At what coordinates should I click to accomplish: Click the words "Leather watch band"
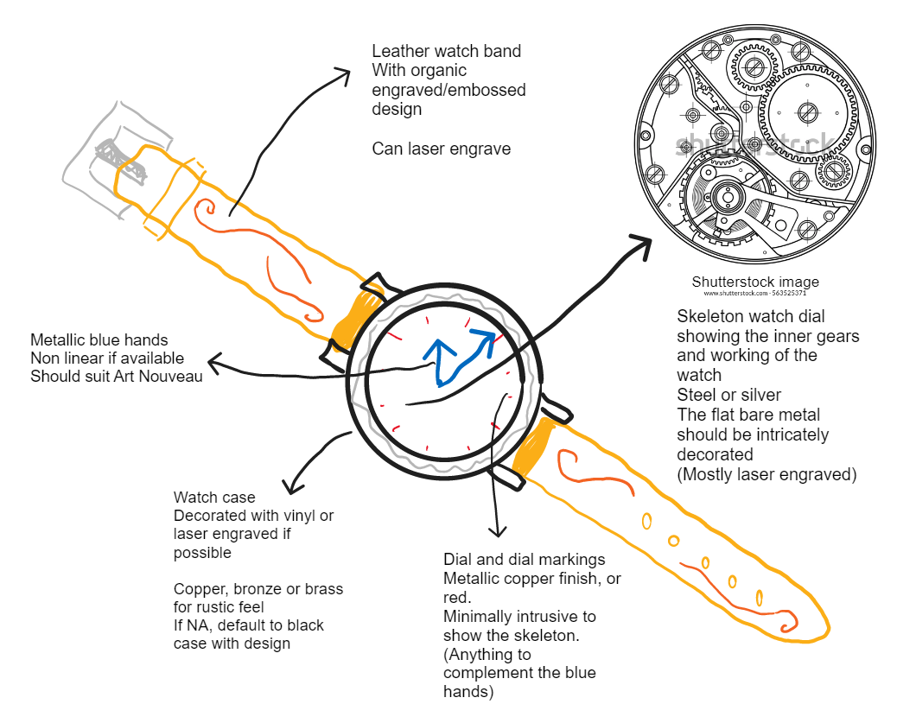tap(446, 52)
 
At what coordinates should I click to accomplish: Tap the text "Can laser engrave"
tap(441, 149)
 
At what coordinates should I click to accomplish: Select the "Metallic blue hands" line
tap(99, 339)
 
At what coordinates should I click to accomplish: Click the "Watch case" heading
tap(214, 498)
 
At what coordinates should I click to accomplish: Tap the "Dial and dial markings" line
tap(524, 560)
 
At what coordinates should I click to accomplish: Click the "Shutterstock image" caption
tap(755, 282)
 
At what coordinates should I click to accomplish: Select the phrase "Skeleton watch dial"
tap(750, 317)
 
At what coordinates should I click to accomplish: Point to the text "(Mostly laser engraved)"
tap(767, 474)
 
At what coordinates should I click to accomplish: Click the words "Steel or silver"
tap(728, 396)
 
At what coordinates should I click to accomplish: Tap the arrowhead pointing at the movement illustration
tap(640, 245)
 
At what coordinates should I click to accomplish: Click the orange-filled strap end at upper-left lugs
tap(356, 311)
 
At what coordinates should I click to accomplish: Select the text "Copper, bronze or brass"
tap(258, 589)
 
